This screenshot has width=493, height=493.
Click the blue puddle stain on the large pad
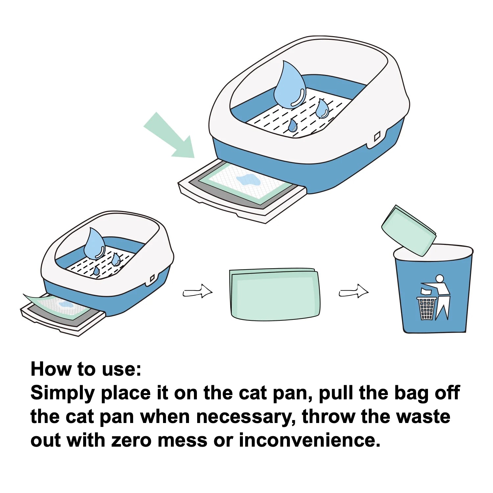point(248,180)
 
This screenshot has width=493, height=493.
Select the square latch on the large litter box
point(377,136)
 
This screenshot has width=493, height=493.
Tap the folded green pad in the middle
point(274,294)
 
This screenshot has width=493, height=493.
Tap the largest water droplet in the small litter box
point(94,244)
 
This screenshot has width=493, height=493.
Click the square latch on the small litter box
point(152,279)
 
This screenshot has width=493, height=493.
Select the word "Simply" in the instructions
point(62,393)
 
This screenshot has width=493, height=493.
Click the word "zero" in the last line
point(131,440)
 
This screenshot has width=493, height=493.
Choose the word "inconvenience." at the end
point(309,440)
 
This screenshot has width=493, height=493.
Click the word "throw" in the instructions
point(329,417)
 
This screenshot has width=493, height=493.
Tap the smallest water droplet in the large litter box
point(292,126)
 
